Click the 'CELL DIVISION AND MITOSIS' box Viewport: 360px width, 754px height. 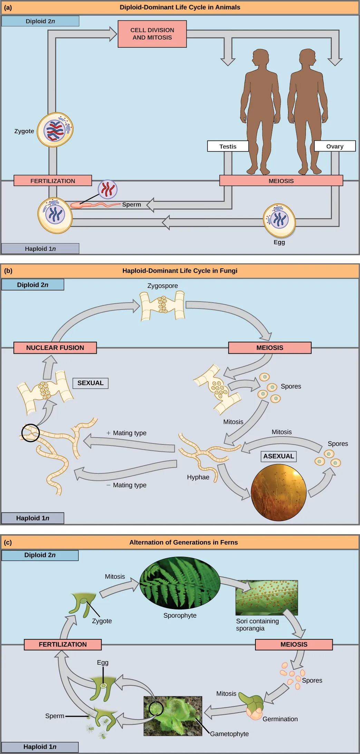152,34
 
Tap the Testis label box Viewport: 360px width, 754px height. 228,146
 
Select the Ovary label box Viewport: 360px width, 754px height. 334,146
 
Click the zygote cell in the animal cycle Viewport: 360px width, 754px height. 55,130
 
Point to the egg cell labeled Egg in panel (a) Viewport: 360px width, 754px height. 279,220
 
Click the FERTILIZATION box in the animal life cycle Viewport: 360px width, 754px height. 53,181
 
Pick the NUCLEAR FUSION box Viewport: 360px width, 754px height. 55,348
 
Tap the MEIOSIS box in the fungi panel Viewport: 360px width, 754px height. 270,348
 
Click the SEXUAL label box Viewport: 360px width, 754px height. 90,383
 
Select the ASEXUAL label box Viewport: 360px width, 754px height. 279,456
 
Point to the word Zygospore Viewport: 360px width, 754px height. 163,286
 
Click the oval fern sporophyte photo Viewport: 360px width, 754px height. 180,583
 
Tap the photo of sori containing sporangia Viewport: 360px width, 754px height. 266,598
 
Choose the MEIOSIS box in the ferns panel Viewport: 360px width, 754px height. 294,645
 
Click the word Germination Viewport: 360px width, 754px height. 280,719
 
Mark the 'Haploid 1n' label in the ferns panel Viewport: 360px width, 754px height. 40,747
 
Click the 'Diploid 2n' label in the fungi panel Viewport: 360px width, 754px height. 33,285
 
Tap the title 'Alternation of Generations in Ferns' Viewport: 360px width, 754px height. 183,542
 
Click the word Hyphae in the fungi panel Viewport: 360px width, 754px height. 198,477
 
